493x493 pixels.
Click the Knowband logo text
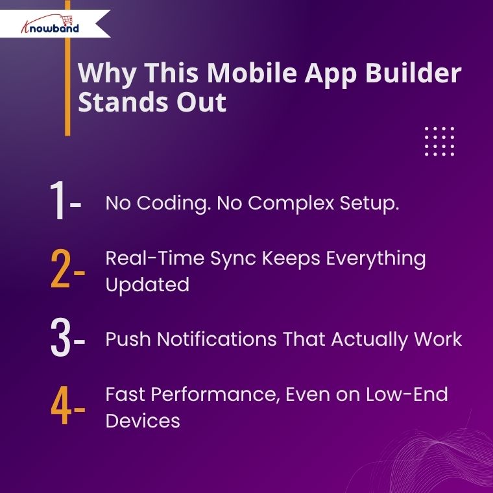pos(51,28)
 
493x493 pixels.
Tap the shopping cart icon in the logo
pos(67,20)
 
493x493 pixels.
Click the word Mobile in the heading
pos(252,73)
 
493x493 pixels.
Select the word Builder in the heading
pos(413,73)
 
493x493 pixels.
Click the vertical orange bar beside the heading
pos(67,68)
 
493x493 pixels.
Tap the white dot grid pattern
pos(439,141)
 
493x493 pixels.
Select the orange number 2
pos(60,269)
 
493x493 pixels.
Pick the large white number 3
pos(60,337)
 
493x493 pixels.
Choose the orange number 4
pos(61,405)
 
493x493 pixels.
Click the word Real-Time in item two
pos(155,258)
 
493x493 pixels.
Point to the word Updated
pos(147,285)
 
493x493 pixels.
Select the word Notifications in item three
pos(217,339)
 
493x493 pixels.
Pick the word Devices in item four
pos(143,421)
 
